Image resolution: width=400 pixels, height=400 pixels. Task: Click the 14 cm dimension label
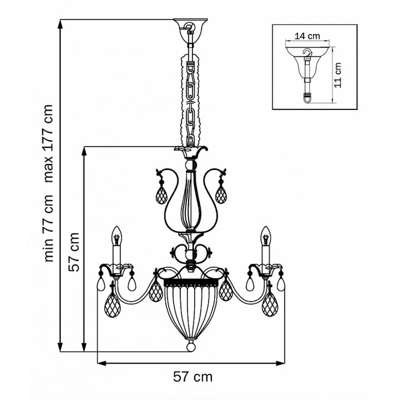(x=307, y=36)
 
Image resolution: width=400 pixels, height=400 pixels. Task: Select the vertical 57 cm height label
(x=74, y=252)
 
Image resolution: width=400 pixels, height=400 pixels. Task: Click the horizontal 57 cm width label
(x=193, y=377)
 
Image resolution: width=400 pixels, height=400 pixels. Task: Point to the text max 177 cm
(x=49, y=143)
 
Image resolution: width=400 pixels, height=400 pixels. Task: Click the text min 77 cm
(x=49, y=228)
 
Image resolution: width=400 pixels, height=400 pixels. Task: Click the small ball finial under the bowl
(x=191, y=346)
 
